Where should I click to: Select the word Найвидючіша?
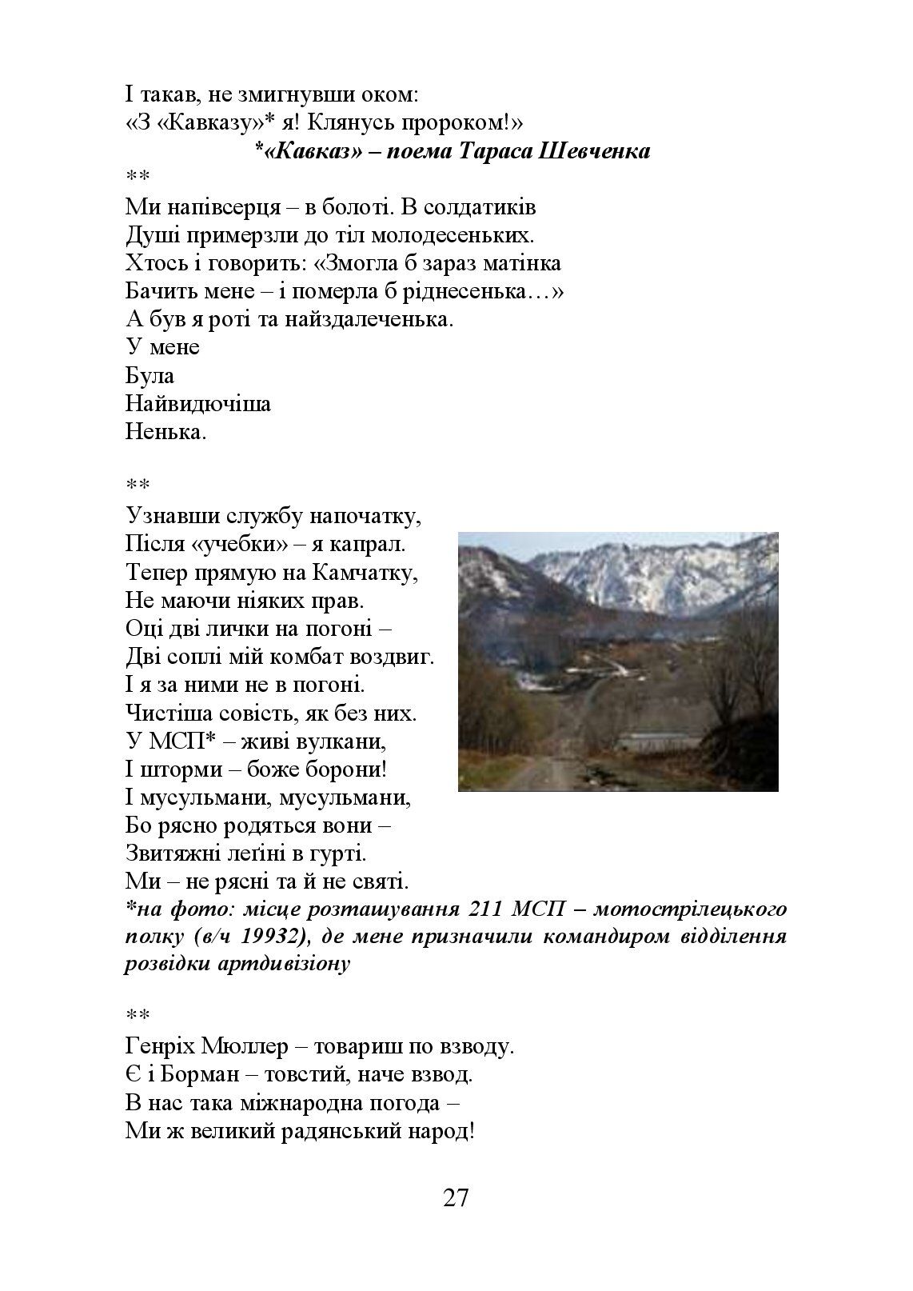(197, 404)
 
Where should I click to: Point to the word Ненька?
(165, 433)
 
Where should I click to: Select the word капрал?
(370, 546)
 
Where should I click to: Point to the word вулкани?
(341, 741)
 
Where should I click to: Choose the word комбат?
(325, 657)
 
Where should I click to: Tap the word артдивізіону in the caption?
(283, 964)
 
